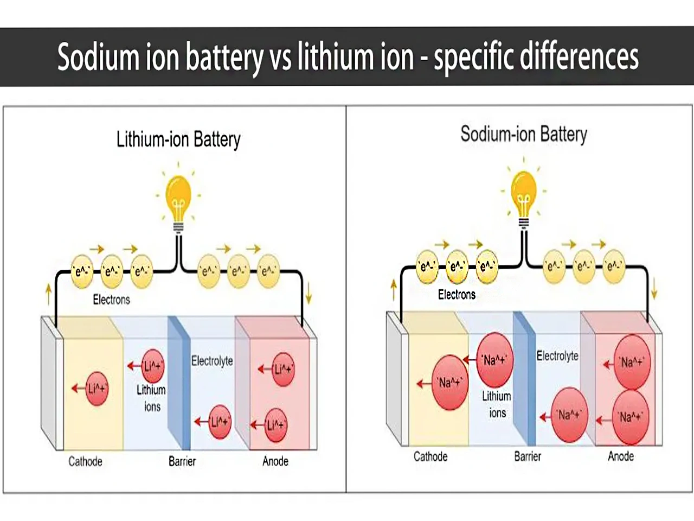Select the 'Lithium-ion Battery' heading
click(178, 139)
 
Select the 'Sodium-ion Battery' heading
click(524, 134)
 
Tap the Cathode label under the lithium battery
click(85, 461)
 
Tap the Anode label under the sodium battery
click(621, 456)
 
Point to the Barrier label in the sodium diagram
click(528, 456)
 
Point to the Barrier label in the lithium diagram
click(182, 461)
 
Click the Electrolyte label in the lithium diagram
click(212, 361)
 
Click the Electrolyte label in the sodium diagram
click(557, 356)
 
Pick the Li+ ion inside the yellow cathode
click(97, 389)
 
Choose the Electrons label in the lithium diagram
click(111, 300)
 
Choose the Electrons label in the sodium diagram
click(457, 295)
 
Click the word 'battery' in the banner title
click(224, 58)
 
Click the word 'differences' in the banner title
click(579, 56)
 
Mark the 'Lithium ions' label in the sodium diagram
click(497, 405)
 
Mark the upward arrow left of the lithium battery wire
click(48, 294)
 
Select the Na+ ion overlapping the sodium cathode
click(450, 383)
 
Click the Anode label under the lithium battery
click(275, 461)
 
